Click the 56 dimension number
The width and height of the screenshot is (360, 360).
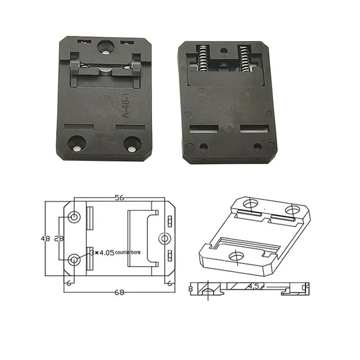(x=119, y=198)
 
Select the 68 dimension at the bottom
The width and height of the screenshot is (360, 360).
(x=119, y=292)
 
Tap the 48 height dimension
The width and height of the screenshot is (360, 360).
(x=46, y=238)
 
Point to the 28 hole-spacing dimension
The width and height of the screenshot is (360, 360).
(x=58, y=238)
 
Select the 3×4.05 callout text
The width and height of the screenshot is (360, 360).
(x=101, y=253)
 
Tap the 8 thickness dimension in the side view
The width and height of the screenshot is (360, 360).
(x=191, y=289)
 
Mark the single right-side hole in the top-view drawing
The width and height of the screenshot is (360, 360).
(x=164, y=238)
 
